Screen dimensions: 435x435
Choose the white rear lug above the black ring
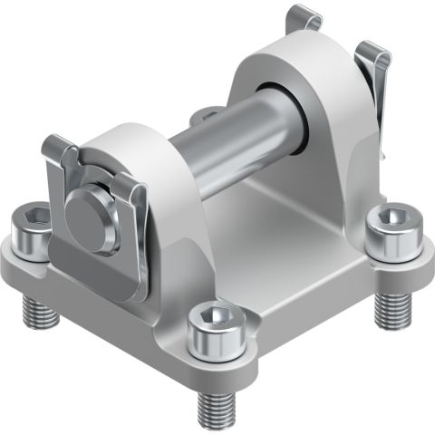(x=272, y=63)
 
